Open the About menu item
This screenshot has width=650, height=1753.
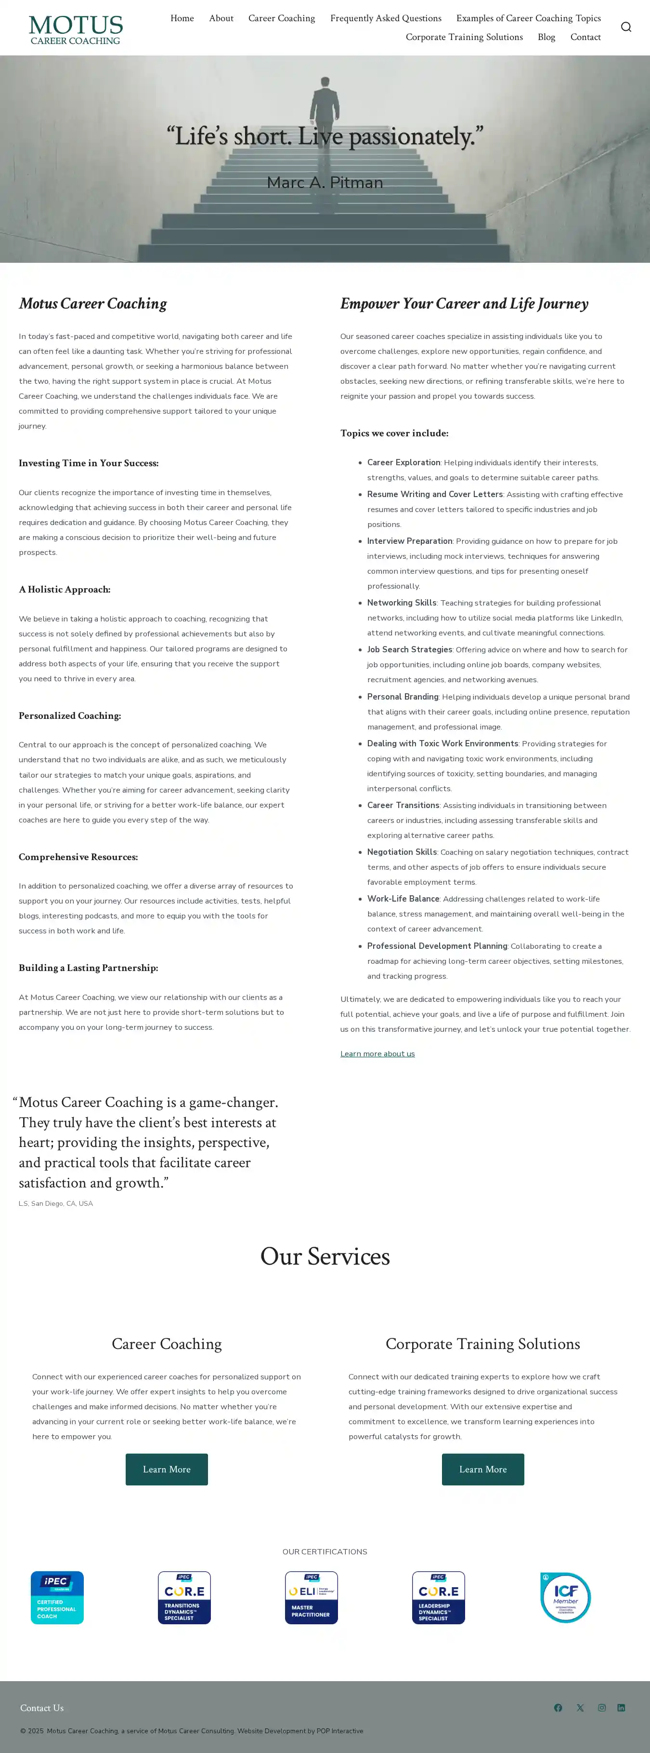(221, 18)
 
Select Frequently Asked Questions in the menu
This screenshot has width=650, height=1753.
(386, 18)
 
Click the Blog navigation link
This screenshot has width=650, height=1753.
(546, 37)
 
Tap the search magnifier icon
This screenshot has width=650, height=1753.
(625, 27)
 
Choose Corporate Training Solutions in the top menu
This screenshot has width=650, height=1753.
(464, 37)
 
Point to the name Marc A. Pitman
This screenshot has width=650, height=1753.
(325, 182)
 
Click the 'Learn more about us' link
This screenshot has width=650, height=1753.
(377, 1053)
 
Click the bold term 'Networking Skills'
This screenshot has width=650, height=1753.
(401, 603)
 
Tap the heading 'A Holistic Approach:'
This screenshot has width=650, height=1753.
(65, 589)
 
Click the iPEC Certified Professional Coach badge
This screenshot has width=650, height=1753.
(57, 1597)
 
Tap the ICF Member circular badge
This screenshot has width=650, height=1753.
(565, 1597)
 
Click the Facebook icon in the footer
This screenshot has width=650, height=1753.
(558, 1707)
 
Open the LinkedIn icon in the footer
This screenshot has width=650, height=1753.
(621, 1707)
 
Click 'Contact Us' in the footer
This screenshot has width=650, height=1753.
(42, 1707)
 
